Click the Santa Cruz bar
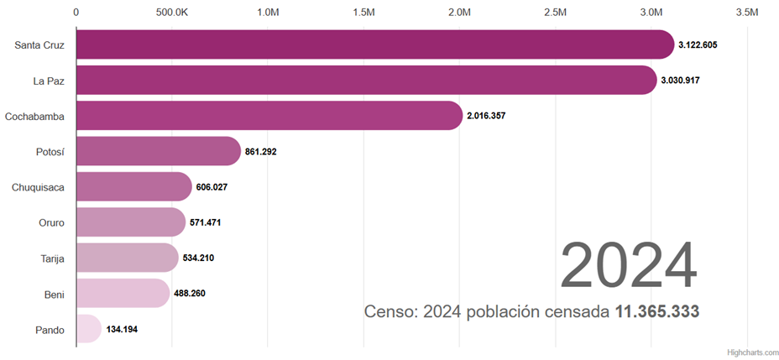[374, 44]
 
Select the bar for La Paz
[366, 81]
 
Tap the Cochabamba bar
[269, 116]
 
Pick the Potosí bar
[158, 151]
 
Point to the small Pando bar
[88, 329]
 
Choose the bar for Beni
[123, 293]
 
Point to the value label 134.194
[123, 329]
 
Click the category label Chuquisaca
[38, 187]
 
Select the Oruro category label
[51, 222]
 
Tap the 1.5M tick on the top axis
[363, 13]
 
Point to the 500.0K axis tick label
[171, 13]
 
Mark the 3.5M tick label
[747, 13]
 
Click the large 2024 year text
[628, 266]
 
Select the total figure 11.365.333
[657, 312]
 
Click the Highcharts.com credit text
[752, 352]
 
